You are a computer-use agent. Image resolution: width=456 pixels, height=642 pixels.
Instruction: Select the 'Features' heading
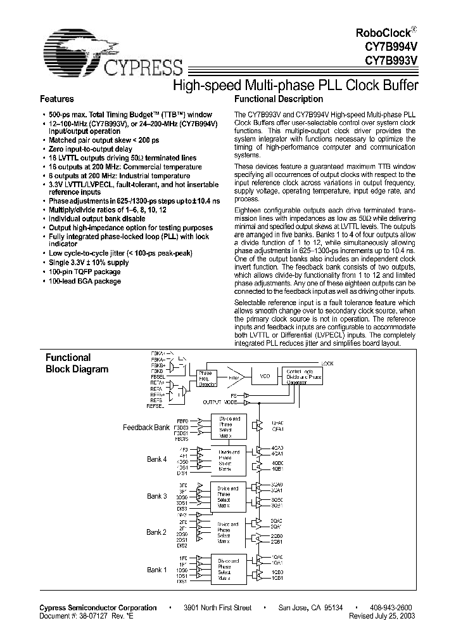click(57, 99)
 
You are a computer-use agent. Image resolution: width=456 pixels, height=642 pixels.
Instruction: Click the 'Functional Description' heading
click(279, 99)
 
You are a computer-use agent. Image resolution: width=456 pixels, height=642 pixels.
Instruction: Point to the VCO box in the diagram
click(264, 376)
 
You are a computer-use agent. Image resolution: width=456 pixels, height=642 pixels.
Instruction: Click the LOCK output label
click(327, 364)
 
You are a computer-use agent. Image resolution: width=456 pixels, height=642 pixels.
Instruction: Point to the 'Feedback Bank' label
click(146, 428)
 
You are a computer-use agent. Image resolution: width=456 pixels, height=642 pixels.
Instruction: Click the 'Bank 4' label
click(156, 459)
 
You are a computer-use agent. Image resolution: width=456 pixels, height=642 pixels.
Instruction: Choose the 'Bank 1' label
click(156, 570)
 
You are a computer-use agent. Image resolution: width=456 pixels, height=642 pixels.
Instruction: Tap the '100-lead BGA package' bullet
click(85, 281)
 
